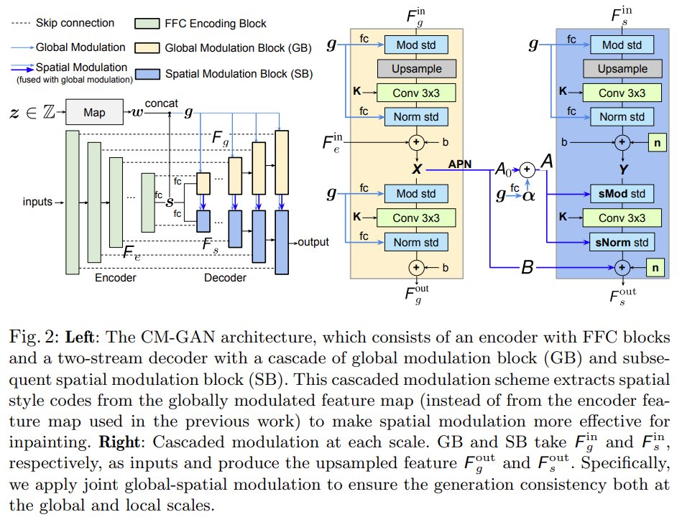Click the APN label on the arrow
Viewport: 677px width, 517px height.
(x=461, y=163)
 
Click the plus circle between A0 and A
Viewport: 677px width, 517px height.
(x=526, y=169)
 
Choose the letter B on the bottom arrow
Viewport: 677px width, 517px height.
(x=528, y=270)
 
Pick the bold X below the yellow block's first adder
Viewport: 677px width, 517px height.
(x=415, y=170)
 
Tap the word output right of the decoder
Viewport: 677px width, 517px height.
(x=313, y=242)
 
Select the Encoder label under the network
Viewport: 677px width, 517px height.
(x=115, y=278)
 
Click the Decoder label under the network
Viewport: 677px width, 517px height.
(x=225, y=278)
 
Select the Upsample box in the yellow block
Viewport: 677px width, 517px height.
(x=416, y=69)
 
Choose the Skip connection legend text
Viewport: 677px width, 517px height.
(x=74, y=24)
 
